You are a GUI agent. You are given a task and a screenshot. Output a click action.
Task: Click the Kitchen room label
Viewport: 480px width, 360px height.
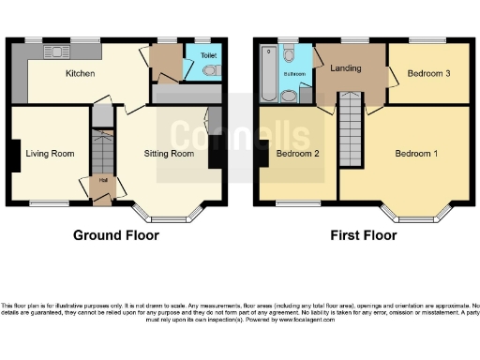click(79, 73)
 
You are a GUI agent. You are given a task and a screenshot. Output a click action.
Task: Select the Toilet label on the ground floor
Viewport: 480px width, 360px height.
click(207, 56)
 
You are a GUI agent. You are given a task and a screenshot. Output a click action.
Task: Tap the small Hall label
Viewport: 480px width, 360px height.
click(100, 181)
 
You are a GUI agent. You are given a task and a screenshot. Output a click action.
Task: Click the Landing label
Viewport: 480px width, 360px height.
click(347, 67)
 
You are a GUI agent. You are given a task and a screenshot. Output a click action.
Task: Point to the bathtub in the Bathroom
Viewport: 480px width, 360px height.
click(269, 75)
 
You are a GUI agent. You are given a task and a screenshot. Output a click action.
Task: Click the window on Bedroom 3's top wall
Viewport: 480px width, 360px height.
click(419, 41)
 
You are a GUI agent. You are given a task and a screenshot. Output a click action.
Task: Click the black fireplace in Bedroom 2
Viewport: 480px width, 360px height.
click(264, 156)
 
